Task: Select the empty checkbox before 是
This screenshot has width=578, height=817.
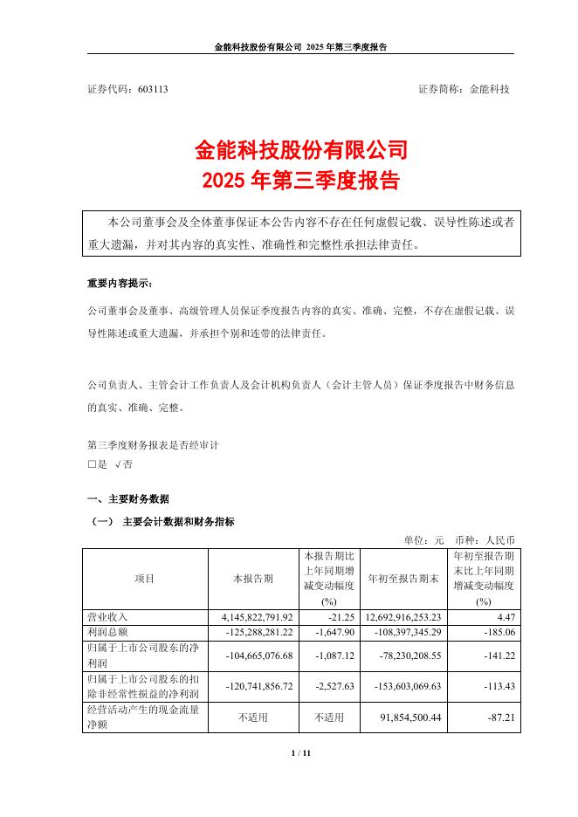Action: (92, 465)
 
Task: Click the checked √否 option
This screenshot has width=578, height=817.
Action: (124, 465)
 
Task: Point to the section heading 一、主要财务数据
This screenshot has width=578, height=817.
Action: (128, 499)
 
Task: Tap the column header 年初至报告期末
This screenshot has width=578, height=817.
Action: (403, 579)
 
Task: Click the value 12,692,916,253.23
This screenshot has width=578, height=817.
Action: (403, 617)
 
